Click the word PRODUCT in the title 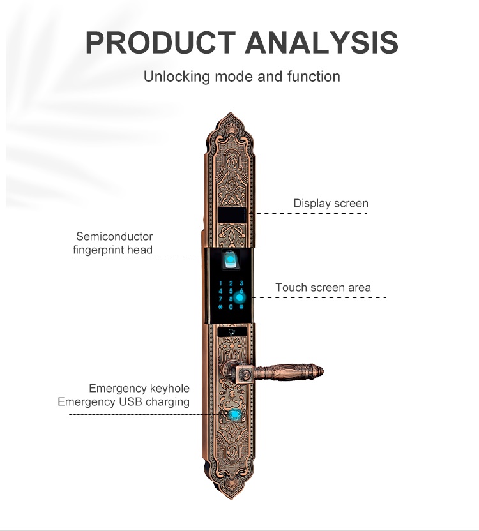[160, 43]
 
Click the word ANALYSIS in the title [321, 43]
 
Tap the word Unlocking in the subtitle [177, 77]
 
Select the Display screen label [331, 203]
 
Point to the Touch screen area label [323, 287]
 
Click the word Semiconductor [114, 236]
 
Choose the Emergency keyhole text [139, 389]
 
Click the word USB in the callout [130, 402]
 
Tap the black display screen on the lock [232, 215]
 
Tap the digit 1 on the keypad [221, 283]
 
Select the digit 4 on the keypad [221, 291]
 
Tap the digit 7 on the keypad [221, 299]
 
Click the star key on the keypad [221, 307]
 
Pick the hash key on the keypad [241, 307]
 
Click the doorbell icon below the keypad [232, 331]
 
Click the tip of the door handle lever [324, 372]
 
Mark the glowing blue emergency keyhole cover [234, 415]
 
